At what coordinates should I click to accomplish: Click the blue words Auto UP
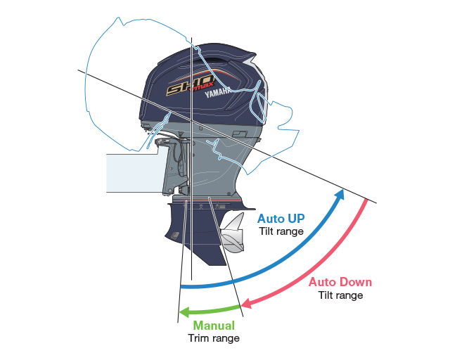tap(281, 219)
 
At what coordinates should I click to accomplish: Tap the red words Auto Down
tap(340, 282)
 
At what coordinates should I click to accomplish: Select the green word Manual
tap(214, 326)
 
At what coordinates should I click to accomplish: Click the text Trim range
tap(214, 338)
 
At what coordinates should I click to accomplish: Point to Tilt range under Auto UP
tap(281, 231)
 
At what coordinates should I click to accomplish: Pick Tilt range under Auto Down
tap(340, 295)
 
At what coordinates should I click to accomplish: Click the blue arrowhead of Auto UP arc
tap(340, 194)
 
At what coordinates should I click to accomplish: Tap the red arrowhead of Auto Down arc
tap(247, 303)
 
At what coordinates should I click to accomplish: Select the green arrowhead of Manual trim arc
tap(184, 312)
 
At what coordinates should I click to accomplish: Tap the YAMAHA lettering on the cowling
tap(218, 92)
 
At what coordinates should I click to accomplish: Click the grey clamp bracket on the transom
tap(174, 167)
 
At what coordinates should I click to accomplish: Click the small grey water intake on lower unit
tap(174, 236)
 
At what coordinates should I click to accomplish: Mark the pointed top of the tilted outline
tap(118, 17)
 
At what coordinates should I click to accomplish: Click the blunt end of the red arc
tap(366, 200)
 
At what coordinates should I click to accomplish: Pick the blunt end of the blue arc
tap(181, 286)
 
